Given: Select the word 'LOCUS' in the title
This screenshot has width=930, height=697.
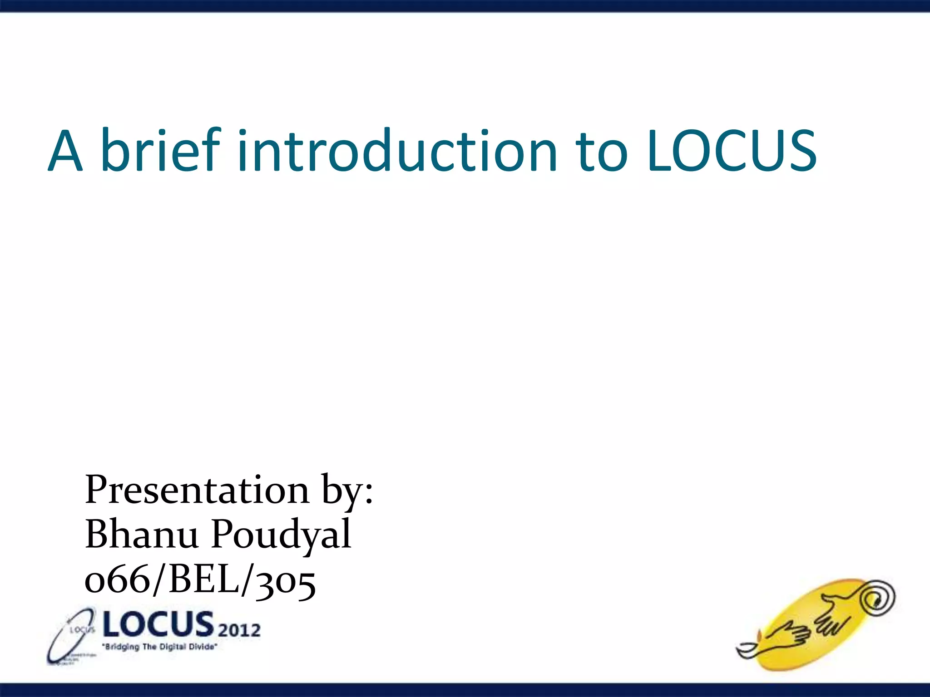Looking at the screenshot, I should click(x=732, y=151).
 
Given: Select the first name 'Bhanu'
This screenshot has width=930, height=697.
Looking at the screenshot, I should click(x=142, y=534).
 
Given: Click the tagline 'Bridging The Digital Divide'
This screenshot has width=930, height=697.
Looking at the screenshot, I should click(x=160, y=647).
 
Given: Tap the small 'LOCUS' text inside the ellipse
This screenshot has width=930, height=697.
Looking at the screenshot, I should click(x=82, y=630).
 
